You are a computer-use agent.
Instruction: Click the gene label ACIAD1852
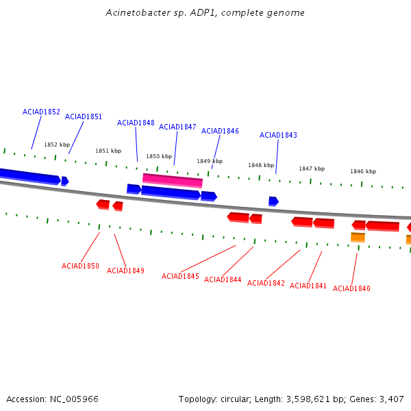41,112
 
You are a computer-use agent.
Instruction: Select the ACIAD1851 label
84,116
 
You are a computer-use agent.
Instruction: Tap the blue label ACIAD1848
136,123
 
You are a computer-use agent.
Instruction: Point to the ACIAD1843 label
278,135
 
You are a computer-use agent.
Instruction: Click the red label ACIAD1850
80,266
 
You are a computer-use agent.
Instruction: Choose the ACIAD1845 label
180,276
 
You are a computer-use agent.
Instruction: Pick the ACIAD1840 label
351,288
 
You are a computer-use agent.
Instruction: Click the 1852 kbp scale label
57,145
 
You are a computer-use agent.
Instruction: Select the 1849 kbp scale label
210,161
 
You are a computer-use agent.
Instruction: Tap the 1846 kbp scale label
363,171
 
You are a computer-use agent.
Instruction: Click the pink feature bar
173,180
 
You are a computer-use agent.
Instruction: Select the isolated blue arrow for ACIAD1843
273,201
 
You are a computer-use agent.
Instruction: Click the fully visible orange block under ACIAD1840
358,237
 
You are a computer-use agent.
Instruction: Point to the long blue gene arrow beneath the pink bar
171,192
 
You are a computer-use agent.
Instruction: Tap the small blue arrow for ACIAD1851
65,181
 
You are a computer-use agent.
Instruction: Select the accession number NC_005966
74,399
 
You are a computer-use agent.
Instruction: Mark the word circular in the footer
235,399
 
